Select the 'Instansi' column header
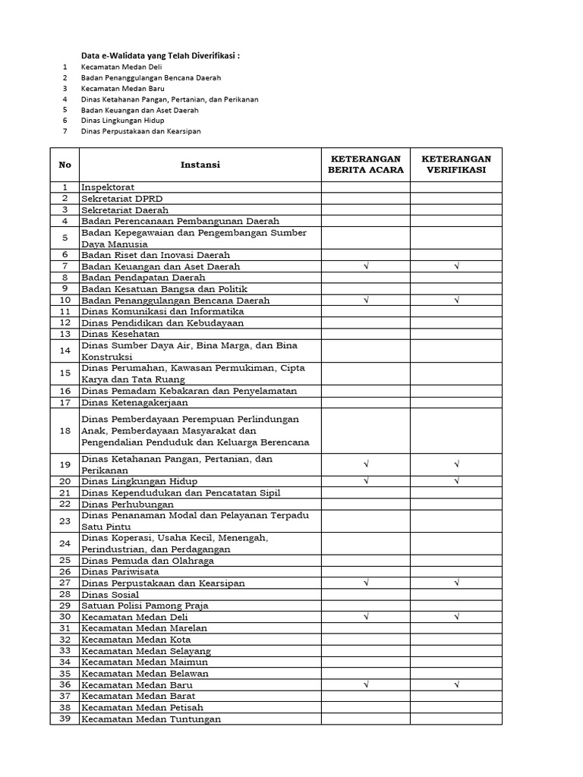tap(200, 165)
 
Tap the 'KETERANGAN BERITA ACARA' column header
tap(365, 165)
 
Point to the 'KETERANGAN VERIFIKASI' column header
tap(456, 165)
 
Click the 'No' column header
tap(65, 165)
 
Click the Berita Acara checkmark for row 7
tap(365, 266)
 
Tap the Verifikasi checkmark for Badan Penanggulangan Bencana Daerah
tap(456, 300)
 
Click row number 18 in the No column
tap(65, 430)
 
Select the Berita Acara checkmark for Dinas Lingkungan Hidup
tap(365, 481)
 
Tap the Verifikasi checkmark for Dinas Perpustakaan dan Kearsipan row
tap(456, 583)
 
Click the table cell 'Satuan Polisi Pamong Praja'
tap(144, 606)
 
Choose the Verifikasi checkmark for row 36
tap(456, 684)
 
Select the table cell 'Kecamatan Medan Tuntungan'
tap(151, 719)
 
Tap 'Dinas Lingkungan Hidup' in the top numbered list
tap(123, 120)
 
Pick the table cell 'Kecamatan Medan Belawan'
tap(146, 673)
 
